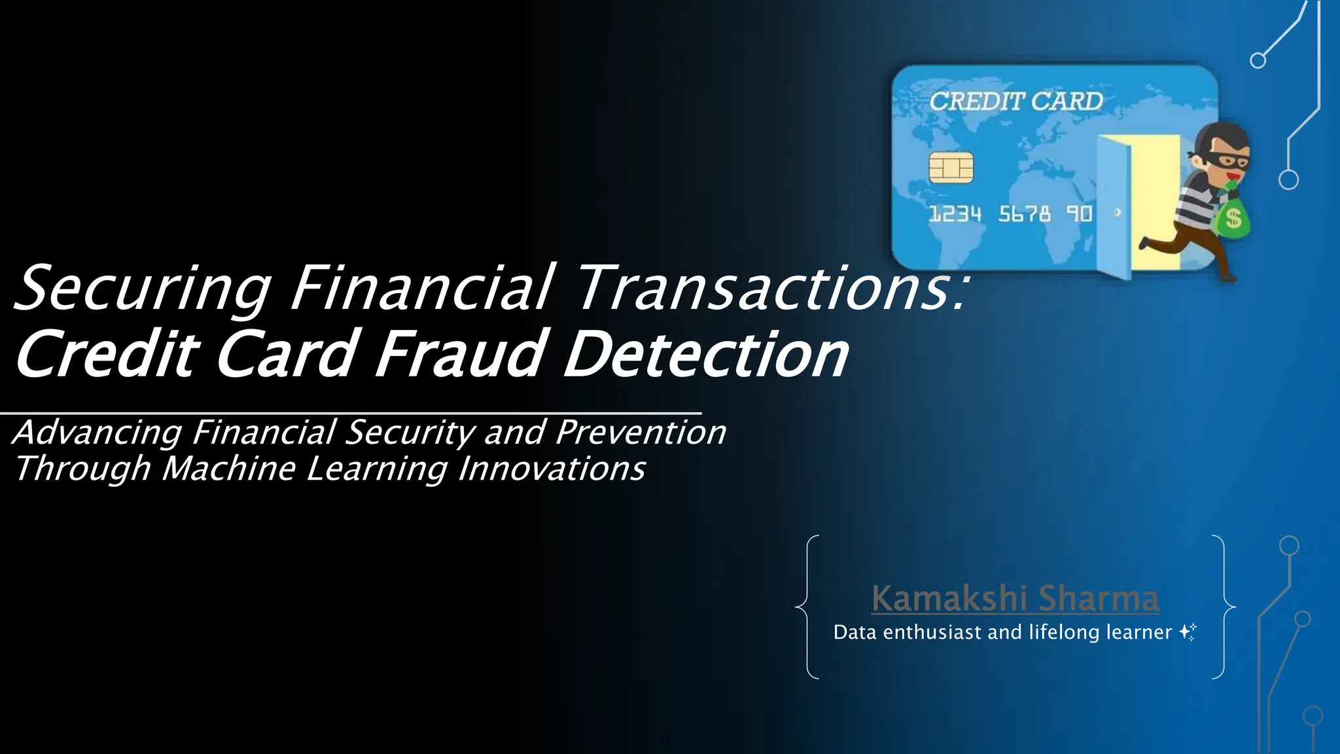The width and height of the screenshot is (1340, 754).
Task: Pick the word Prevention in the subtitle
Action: tap(641, 433)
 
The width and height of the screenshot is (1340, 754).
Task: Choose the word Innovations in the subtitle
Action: tap(552, 469)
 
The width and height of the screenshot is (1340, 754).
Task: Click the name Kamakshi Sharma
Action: tap(1015, 598)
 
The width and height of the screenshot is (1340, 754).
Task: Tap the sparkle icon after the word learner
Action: tap(1188, 632)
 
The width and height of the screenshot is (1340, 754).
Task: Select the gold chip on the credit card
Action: tap(951, 167)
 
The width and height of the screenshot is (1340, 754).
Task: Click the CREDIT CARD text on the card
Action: tap(1016, 101)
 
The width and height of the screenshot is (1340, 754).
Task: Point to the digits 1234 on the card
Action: tap(955, 214)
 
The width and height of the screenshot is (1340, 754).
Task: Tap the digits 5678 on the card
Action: tap(1024, 214)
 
